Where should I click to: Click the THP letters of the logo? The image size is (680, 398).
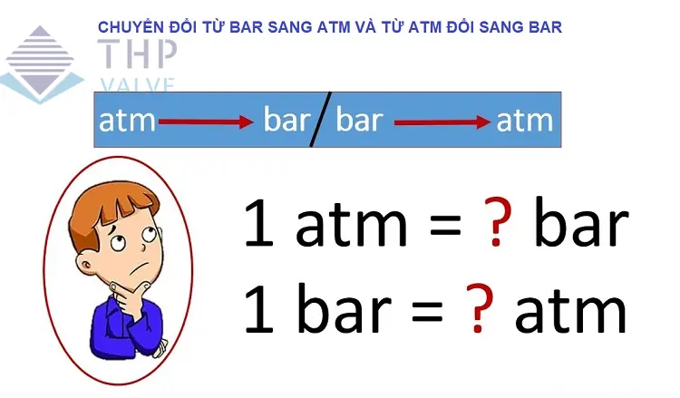[x=137, y=53]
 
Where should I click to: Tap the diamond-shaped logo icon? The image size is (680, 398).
[x=40, y=64]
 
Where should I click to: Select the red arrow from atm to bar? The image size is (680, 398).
[x=206, y=121]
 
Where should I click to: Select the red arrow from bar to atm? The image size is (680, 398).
[x=442, y=122]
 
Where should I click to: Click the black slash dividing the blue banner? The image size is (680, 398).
[x=321, y=120]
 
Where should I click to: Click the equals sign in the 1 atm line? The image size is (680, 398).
[x=445, y=226]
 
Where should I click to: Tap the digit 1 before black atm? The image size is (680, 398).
[x=260, y=222]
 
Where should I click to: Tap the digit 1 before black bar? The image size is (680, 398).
[x=259, y=308]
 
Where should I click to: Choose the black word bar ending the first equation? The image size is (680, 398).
[x=581, y=221]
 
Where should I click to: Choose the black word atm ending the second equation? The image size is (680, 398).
[x=570, y=310]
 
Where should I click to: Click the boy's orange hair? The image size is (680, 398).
[x=113, y=209]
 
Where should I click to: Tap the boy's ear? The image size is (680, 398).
[x=86, y=263]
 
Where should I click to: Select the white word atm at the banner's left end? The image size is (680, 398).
[x=127, y=121]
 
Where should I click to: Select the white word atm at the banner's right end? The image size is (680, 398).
[x=525, y=121]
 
